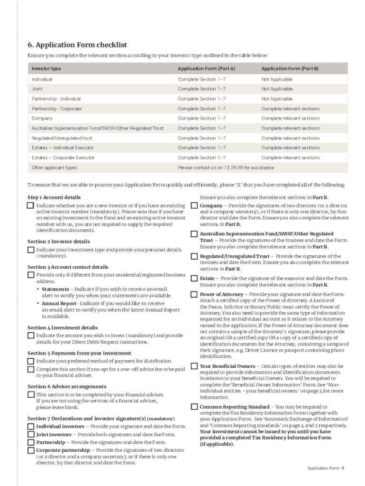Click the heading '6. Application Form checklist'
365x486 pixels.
pyautogui.click(x=77, y=45)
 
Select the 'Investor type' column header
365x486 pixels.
pyautogui.click(x=46, y=69)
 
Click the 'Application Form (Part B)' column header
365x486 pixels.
pyautogui.click(x=290, y=69)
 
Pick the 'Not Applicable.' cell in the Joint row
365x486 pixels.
pyautogui.click(x=277, y=89)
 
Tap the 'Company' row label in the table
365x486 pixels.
pyautogui.click(x=42, y=118)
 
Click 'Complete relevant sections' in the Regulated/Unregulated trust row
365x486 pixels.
pyautogui.click(x=290, y=138)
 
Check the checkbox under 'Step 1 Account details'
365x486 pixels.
pyautogui.click(x=31, y=206)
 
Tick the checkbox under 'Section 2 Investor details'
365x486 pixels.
pyautogui.click(x=31, y=250)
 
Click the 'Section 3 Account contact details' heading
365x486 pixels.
pyautogui.click(x=68, y=267)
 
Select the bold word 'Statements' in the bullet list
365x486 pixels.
pyautogui.click(x=55, y=289)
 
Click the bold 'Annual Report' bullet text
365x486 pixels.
pyautogui.click(x=59, y=303)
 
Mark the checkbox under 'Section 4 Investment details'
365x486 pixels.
pyautogui.click(x=31, y=336)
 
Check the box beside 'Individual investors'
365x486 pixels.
pyautogui.click(x=31, y=426)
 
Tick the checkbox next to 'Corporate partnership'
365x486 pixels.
pyautogui.click(x=31, y=450)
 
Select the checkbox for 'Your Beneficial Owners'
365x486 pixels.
pyautogui.click(x=194, y=366)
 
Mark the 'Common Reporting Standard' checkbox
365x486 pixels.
pyautogui.click(x=194, y=407)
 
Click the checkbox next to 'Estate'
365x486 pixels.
pyautogui.click(x=194, y=278)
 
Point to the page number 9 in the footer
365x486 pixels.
pyautogui.click(x=342, y=468)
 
